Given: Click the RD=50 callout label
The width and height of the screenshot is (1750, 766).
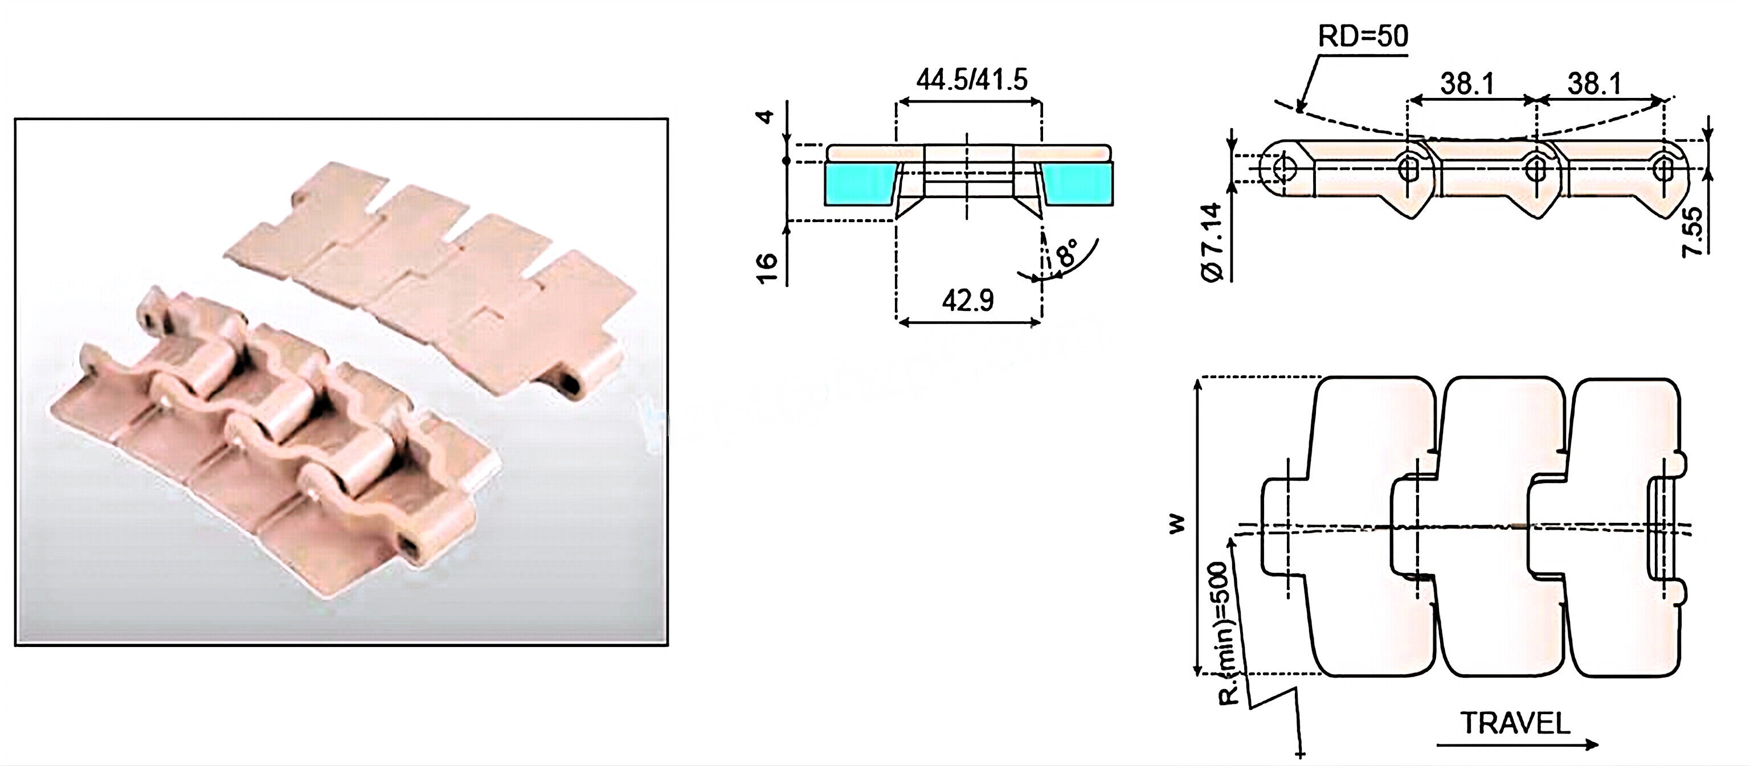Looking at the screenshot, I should [1363, 36].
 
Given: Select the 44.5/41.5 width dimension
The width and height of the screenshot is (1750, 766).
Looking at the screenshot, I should [971, 80].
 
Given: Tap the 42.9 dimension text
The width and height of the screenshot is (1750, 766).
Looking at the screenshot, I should [967, 300].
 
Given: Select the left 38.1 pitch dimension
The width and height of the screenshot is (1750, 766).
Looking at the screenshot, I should [1467, 84].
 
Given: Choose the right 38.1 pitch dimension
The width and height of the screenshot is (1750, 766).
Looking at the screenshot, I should [1594, 84].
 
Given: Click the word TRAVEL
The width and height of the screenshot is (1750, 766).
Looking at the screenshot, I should [1515, 723].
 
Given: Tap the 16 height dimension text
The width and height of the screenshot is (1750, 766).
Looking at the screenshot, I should [766, 268].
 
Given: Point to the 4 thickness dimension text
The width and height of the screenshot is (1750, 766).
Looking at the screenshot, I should [766, 116].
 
